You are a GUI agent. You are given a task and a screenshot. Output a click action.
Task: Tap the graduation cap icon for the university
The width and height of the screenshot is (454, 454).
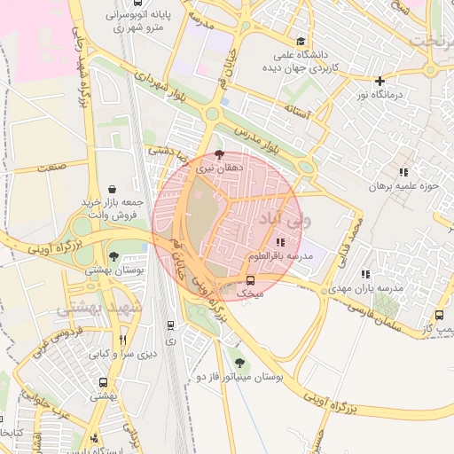pyautogui.click(x=301, y=41)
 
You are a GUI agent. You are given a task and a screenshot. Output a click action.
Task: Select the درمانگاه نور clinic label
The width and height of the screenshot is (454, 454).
pyautogui.click(x=380, y=94)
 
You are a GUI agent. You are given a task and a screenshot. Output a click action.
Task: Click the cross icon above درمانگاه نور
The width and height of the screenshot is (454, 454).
pyautogui.click(x=380, y=81)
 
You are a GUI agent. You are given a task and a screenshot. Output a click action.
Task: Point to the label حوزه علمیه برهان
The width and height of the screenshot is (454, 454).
pyautogui.click(x=404, y=188)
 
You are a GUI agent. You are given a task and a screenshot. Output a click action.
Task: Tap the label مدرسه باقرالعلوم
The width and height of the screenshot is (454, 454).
pyautogui.click(x=281, y=256)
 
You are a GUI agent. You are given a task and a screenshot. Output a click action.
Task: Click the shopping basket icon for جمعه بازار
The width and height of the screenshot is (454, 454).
pyautogui.click(x=112, y=188)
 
